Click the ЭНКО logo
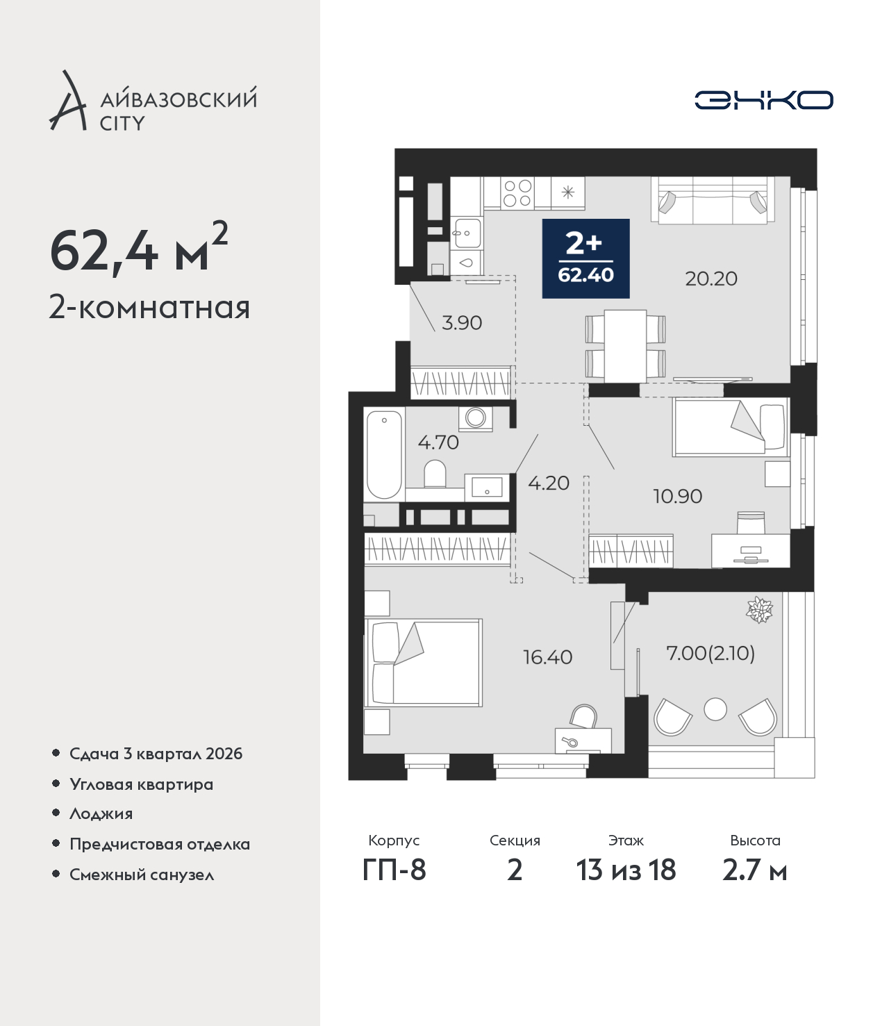coord(763,100)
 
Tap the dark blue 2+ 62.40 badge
coord(585,258)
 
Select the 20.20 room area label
coord(711,279)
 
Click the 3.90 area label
coord(462,323)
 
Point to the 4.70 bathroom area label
coord(438,442)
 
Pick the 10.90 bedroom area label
coord(678,497)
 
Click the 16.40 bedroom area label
coord(547,657)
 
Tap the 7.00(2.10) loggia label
coord(711,653)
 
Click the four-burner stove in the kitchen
coord(517,193)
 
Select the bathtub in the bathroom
coord(384,455)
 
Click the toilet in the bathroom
coord(435,474)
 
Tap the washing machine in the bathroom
coord(476,418)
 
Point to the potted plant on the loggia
coord(759,609)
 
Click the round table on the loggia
coord(715,709)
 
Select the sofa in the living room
coord(713,200)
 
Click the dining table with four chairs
coord(626,346)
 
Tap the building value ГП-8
coord(394,870)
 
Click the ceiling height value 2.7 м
coord(754,870)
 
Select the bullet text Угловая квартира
coord(142,785)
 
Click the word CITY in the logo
coord(122,124)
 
